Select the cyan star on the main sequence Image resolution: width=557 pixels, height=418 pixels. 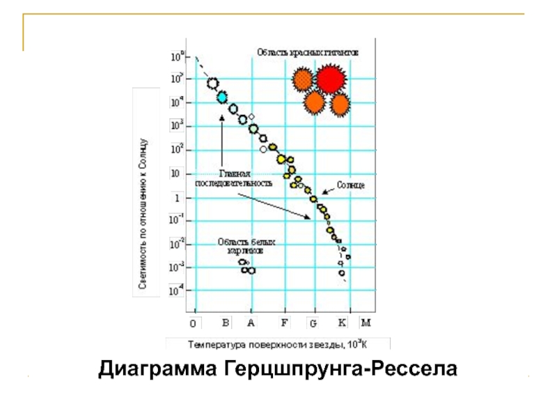point(222,98)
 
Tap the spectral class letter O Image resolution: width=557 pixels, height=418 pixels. point(194,323)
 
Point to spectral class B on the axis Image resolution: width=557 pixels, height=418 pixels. point(226,323)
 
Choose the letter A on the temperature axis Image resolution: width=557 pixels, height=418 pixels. point(251,323)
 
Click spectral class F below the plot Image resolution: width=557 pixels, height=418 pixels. point(284,323)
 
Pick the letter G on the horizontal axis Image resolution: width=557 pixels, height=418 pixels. point(313,323)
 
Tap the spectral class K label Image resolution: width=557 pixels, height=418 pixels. point(342,323)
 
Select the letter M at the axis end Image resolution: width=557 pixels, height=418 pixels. point(366,323)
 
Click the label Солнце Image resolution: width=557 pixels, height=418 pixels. point(352,186)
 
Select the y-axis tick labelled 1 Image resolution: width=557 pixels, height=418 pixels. point(177,198)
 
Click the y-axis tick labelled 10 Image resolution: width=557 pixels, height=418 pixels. point(176,173)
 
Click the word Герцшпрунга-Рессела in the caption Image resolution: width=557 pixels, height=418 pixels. point(341,367)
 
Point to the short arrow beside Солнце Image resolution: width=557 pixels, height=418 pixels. point(327,192)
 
